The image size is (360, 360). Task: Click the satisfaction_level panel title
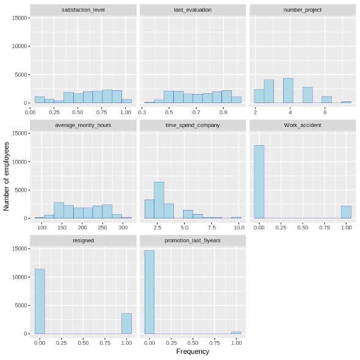[82, 10]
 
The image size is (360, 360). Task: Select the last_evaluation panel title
[193, 10]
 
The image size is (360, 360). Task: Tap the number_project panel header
[303, 10]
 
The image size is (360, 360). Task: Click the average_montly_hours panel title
[82, 125]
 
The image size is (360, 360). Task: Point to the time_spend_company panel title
[193, 125]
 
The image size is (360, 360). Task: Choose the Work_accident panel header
[303, 125]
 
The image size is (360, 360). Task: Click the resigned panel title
[82, 240]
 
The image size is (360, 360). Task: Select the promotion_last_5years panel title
[193, 240]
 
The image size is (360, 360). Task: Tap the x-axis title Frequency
[193, 351]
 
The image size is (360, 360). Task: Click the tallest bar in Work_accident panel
[259, 182]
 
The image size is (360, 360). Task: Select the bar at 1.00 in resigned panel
[126, 323]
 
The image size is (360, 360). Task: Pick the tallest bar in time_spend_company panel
[159, 200]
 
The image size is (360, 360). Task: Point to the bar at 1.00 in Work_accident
[346, 212]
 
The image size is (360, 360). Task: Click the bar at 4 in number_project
[288, 90]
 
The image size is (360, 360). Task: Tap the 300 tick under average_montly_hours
[123, 227]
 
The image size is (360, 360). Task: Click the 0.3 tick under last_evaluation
[142, 112]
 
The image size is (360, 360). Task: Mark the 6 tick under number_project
[325, 112]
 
